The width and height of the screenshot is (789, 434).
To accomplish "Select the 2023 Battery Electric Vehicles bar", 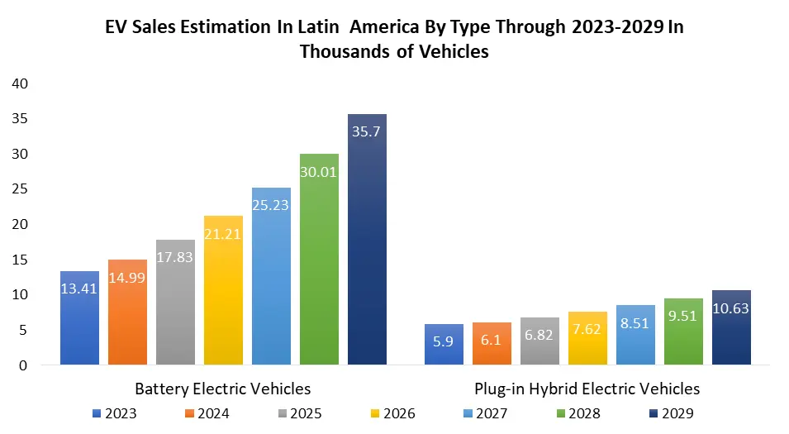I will coord(79,318).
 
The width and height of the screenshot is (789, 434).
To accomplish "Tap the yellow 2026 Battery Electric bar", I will coord(223,289).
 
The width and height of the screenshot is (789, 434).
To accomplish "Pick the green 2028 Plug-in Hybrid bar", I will coord(684,331).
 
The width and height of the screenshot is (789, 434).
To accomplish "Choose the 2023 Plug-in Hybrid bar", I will coord(444,344).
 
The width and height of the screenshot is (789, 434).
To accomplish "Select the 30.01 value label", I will coord(319,171).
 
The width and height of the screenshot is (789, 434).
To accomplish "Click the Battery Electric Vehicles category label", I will coord(223,388).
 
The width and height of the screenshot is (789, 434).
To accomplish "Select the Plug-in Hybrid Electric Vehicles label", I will coord(587,388).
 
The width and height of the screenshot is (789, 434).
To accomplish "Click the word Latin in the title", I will coord(323,26).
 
